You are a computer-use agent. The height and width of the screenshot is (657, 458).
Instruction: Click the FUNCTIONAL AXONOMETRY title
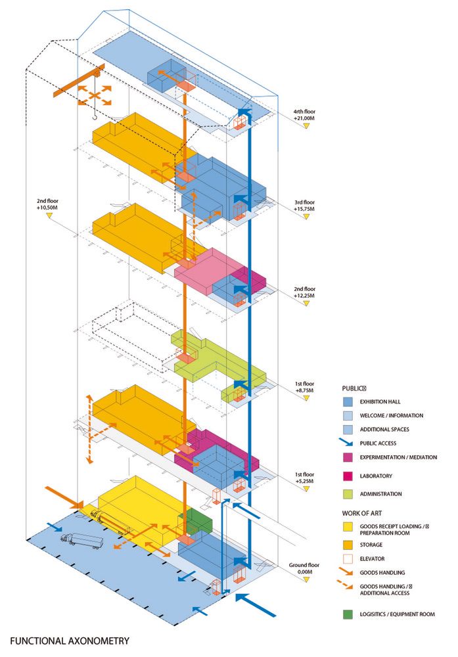tap(70, 640)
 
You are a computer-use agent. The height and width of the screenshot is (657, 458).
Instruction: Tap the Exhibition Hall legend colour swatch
tap(349, 401)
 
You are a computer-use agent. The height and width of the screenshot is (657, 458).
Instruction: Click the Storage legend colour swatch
tap(349, 545)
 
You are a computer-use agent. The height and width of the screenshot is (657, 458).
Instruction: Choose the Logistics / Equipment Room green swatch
tap(349, 614)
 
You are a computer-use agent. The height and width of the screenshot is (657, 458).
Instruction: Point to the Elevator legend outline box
tap(349, 559)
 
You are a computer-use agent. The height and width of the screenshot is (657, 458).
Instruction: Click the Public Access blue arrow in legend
tap(349, 443)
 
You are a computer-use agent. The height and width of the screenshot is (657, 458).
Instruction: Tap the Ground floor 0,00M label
tap(304, 568)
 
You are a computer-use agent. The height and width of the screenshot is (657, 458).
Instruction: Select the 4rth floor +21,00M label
tap(306, 116)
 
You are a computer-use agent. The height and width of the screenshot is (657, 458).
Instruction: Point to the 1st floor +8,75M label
tap(304, 385)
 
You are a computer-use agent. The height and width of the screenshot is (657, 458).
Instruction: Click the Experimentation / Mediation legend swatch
tap(349, 457)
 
